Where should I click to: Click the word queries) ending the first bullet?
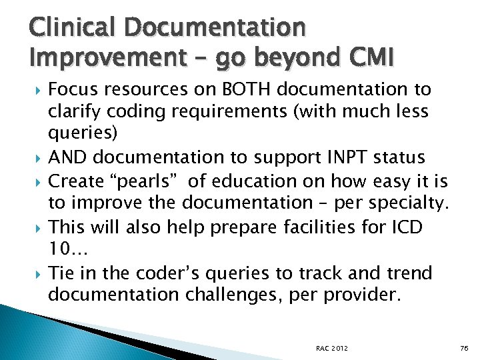(x=83, y=134)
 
